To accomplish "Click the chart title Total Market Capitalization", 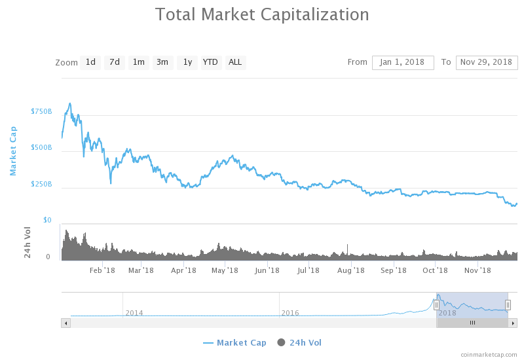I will tap(262, 14).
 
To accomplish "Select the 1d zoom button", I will tap(90, 62).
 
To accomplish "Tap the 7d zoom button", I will tap(115, 62).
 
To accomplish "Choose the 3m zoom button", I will tap(162, 62).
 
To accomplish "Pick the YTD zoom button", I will tap(210, 62).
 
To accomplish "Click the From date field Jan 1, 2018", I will tap(403, 62).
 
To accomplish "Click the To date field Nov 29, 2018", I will tap(487, 62).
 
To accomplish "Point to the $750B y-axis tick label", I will tap(41, 112).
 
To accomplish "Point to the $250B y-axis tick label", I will tap(41, 185).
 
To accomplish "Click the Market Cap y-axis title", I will tap(13, 151).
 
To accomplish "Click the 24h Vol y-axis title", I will tap(28, 242).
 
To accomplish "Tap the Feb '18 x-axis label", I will tap(102, 270).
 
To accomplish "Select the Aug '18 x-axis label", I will tap(350, 270).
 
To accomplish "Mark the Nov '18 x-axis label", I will tap(477, 270).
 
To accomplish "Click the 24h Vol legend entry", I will tap(300, 342).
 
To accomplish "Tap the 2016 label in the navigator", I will tap(290, 313).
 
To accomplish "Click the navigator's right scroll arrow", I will tap(513, 323).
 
